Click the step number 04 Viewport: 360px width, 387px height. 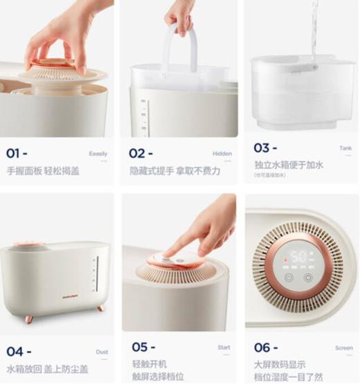click(16, 352)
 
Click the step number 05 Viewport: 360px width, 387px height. click(140, 347)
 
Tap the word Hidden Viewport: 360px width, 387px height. click(222, 154)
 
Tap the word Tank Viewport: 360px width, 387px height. click(345, 148)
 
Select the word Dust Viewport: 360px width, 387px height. click(102, 352)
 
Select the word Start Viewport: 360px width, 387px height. click(224, 348)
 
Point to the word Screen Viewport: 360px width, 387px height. click(343, 348)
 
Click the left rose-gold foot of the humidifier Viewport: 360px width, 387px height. click(29, 318)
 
